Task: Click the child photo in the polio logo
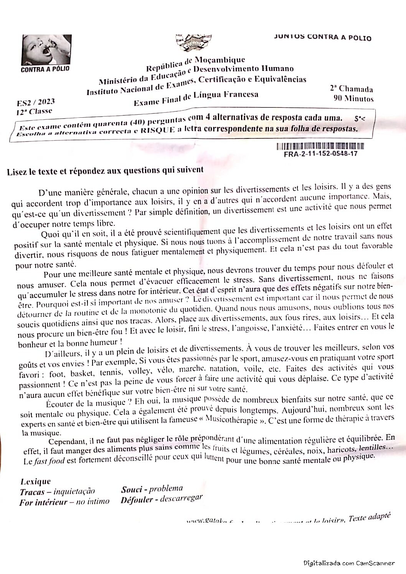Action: click(46, 50)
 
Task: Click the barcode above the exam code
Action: click(320, 146)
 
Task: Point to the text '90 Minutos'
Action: click(353, 99)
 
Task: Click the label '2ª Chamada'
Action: click(351, 89)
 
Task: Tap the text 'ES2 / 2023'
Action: click(36, 102)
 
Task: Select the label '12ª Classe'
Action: click(34, 112)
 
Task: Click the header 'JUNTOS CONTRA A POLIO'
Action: click(323, 37)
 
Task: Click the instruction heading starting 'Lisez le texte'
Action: click(105, 171)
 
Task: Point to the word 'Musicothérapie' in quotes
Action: click(231, 419)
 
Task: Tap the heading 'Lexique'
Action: click(35, 482)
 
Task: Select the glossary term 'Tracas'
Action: click(32, 492)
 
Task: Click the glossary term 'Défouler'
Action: click(137, 500)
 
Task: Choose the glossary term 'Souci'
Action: click(131, 489)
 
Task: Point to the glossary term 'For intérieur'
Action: click(43, 502)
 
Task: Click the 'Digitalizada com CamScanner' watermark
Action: click(349, 563)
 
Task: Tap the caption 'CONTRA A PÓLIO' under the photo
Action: click(45, 69)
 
